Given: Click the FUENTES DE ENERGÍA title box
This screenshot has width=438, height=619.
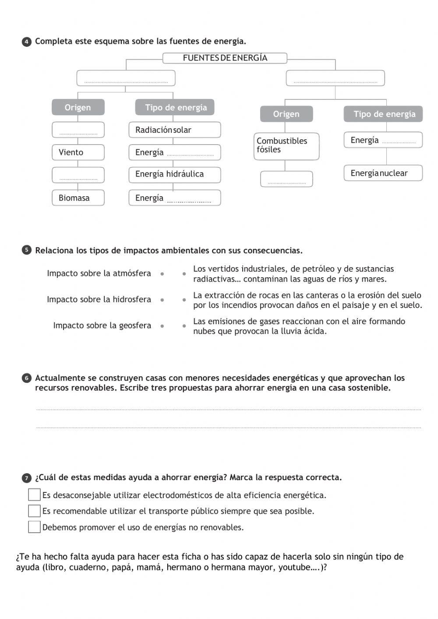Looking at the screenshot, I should coord(225,58).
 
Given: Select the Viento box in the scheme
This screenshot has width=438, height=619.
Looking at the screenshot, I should coord(78,152).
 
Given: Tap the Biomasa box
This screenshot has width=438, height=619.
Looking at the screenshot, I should coord(78,198).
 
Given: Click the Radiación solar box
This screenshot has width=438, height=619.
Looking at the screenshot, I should coord(174,130).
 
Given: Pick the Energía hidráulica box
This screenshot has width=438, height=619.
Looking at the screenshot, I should coord(174,174).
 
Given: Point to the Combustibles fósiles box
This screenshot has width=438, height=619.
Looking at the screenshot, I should coord(286,146).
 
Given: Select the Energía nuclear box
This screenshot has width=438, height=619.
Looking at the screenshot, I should coord(383,173).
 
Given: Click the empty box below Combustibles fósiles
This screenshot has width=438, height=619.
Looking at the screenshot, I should coord(286,179).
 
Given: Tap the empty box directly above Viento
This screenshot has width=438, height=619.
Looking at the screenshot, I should coord(78,130).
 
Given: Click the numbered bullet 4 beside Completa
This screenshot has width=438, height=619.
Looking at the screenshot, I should coord(27,42).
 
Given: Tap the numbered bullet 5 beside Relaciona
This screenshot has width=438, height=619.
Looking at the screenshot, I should coord(27,250).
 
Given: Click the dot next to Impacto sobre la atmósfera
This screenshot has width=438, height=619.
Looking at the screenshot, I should coord(162,274).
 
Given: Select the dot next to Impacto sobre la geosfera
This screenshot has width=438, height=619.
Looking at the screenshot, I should coord(162,326).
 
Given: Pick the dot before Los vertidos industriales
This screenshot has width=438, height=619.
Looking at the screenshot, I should coord(184,274).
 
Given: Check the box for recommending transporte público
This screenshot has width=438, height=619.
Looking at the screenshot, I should coord(34,511).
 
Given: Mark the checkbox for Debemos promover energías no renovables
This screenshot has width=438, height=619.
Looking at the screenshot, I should coord(34,527).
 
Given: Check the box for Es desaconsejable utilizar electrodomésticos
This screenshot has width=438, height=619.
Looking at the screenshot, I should coord(34,495).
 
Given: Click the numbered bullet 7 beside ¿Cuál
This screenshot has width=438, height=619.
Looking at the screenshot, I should coord(27,478).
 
